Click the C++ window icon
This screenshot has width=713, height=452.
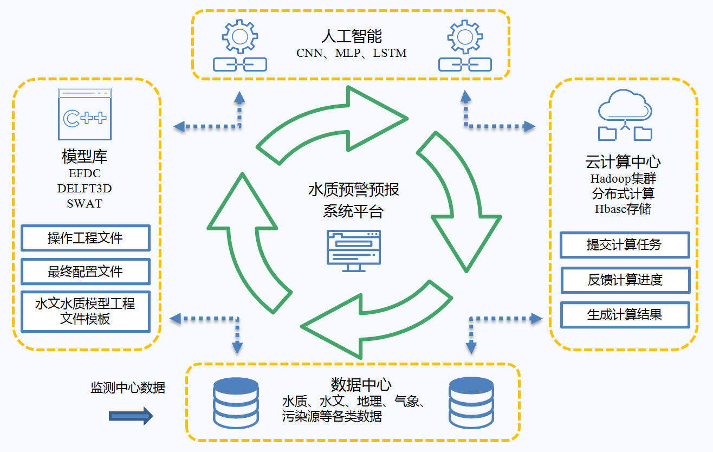85,115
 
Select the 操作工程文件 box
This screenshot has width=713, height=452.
86,238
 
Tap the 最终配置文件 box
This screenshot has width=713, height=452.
86,271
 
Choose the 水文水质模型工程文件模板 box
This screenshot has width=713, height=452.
86,311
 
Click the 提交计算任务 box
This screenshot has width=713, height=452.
624,245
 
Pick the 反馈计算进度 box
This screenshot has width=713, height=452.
625,280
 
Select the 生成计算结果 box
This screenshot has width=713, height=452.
625,314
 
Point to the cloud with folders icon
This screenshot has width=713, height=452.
625,115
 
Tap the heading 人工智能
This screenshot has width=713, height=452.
352,36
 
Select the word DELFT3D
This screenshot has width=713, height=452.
85,189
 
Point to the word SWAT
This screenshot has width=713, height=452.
85,204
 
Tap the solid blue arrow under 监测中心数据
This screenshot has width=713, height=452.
131,416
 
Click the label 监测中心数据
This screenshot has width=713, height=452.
128,388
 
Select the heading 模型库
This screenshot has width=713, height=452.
85,157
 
